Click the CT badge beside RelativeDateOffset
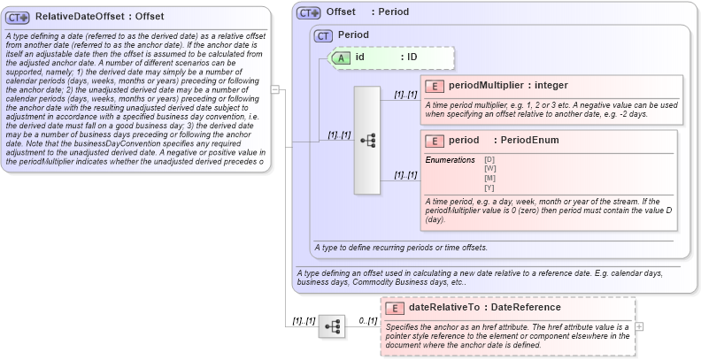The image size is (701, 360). [19, 17]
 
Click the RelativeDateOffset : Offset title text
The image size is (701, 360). [99, 17]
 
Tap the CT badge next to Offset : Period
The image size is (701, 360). [309, 12]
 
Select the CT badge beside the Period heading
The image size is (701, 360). [323, 35]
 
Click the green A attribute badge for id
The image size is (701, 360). [342, 57]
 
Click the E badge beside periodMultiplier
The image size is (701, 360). [435, 86]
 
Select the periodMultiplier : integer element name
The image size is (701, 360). [508, 86]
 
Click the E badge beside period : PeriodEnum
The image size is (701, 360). [435, 141]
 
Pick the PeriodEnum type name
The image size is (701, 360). [528, 141]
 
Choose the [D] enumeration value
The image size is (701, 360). [489, 159]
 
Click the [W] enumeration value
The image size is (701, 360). [489, 168]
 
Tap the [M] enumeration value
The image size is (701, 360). [489, 178]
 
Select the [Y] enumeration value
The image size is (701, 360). [489, 187]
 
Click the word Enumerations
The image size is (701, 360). [450, 159]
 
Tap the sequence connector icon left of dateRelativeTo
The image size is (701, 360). [332, 326]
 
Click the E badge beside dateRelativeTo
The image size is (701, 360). [396, 308]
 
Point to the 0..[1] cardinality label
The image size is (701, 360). [367, 321]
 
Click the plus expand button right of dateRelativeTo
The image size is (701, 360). [640, 326]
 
